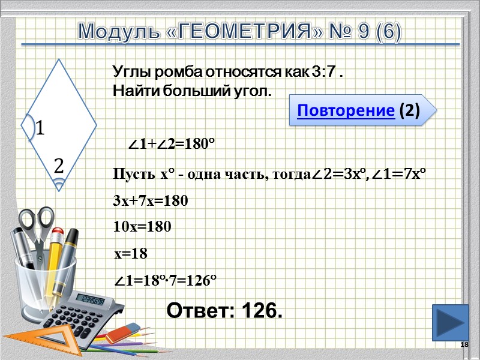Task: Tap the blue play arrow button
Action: tap(450, 322)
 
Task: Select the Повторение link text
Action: tap(346, 110)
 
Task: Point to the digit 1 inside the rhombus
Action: tap(41, 128)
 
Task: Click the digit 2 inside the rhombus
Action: tap(59, 166)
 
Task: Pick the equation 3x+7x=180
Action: tap(151, 202)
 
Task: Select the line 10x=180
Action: tap(142, 227)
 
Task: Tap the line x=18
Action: tap(131, 254)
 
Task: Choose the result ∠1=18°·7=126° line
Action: tap(165, 280)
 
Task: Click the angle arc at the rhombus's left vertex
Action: tap(27, 127)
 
